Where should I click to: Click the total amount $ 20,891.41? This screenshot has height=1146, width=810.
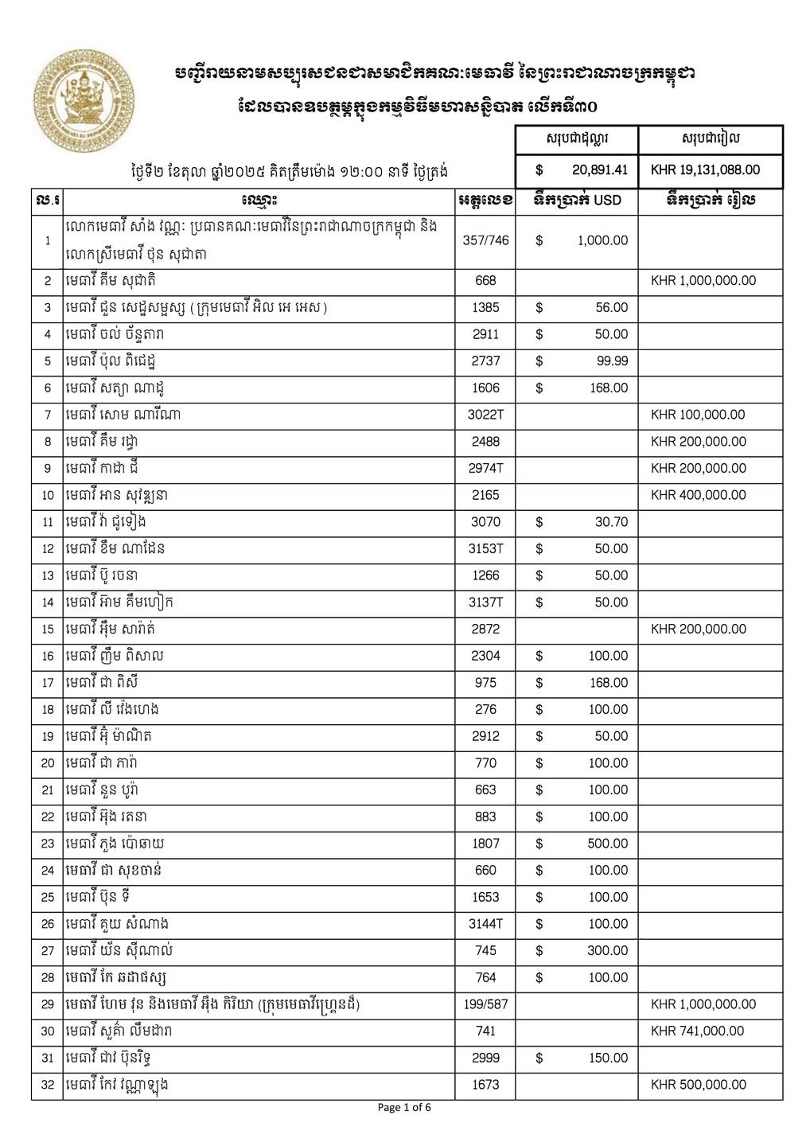click(582, 170)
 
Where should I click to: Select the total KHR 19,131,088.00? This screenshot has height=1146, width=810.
click(705, 170)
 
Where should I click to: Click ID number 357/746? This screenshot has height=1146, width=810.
click(485, 240)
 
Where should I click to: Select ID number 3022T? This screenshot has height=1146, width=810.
click(485, 415)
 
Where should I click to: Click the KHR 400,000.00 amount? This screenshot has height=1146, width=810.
click(698, 495)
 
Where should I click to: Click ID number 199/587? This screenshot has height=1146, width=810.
click(485, 1004)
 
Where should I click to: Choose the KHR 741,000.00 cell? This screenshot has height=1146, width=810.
click(697, 1031)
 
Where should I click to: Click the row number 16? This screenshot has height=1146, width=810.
click(48, 657)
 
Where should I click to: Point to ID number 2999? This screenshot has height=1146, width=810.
click(485, 1058)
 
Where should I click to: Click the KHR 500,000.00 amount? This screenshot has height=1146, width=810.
click(698, 1085)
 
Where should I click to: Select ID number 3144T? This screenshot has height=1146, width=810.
click(485, 924)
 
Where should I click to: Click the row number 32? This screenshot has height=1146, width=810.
click(48, 1085)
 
